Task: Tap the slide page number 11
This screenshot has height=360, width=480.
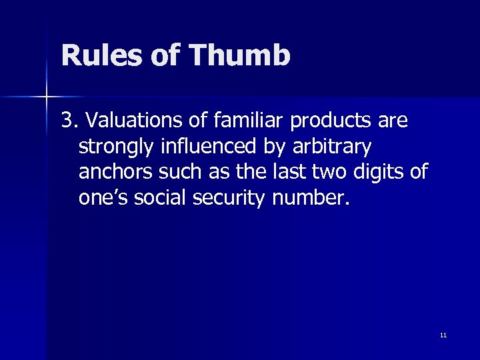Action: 443,335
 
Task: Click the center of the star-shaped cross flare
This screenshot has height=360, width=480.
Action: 47,97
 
